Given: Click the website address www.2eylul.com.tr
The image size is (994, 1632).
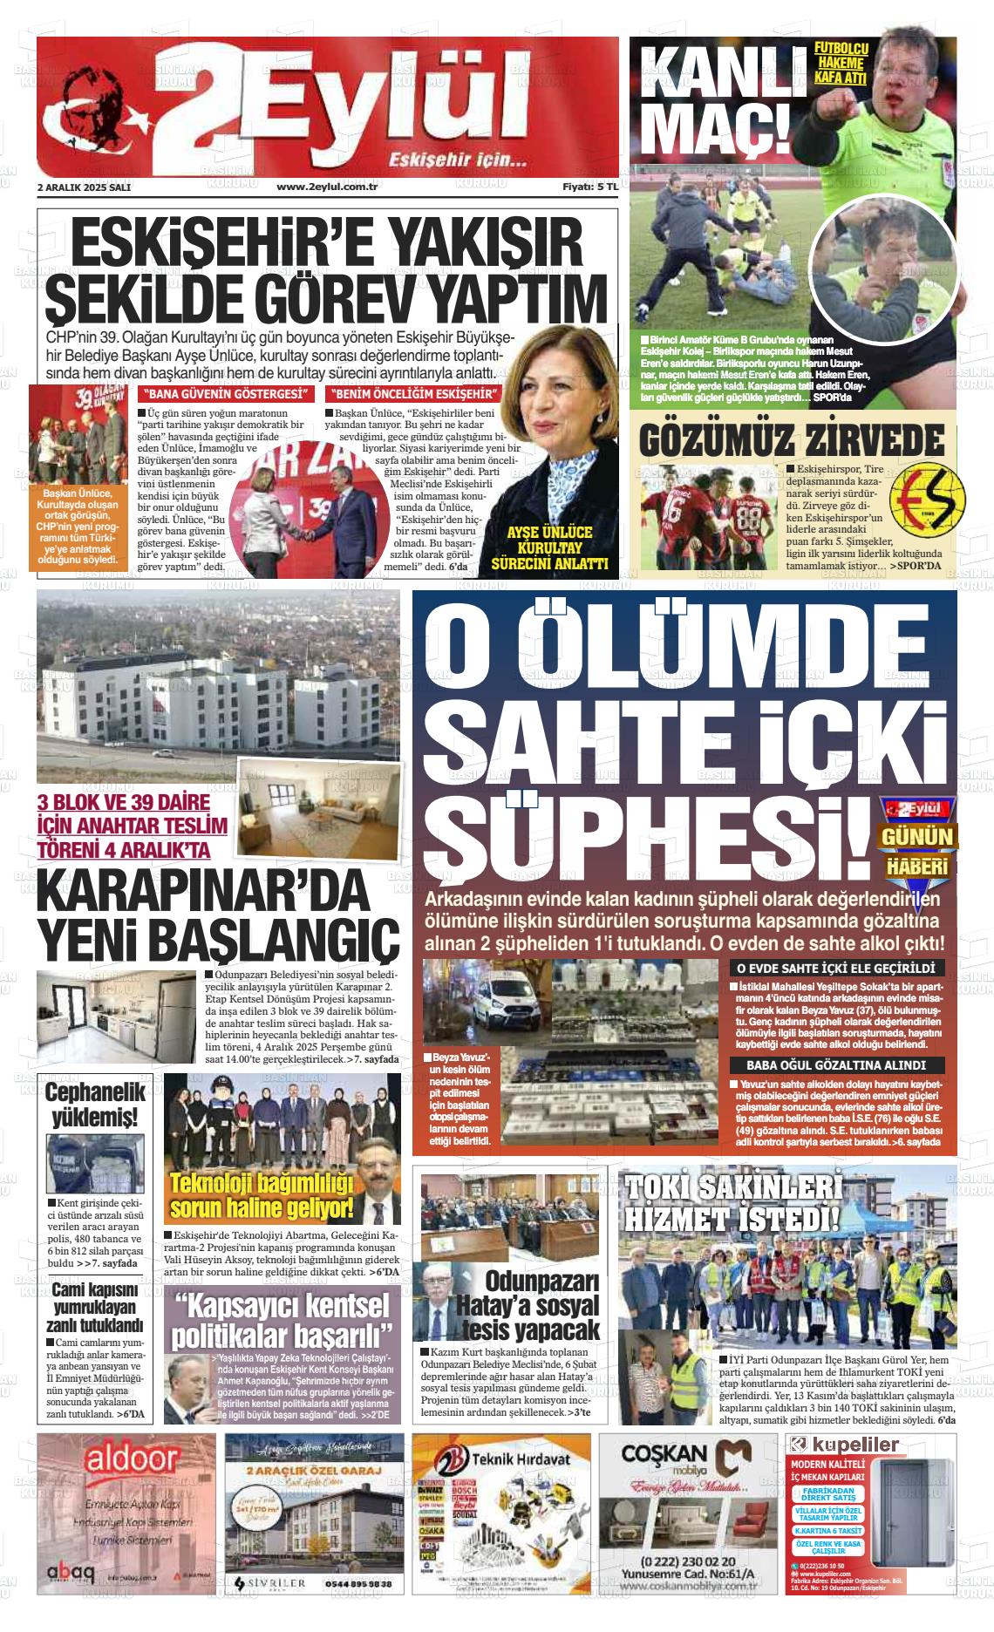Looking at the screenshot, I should [326, 187].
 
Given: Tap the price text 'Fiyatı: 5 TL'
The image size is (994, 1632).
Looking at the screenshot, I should [589, 187].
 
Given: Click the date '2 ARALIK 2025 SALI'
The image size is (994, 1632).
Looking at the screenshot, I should [84, 187].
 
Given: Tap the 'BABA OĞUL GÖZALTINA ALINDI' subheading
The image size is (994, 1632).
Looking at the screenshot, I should [835, 1065].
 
